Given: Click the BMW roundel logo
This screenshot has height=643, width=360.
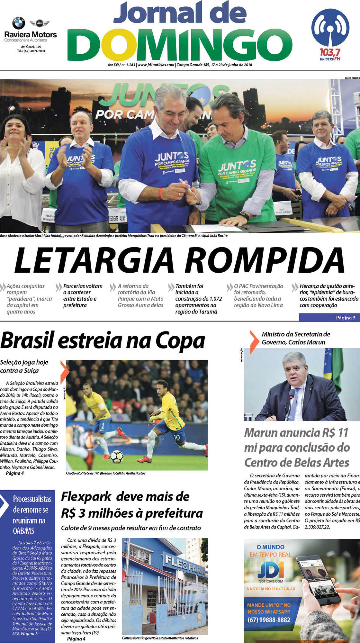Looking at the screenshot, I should tap(18, 23).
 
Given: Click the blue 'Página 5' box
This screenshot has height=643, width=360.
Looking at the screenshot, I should tap(329, 318).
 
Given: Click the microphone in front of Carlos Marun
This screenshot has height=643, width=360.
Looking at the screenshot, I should tap(292, 394).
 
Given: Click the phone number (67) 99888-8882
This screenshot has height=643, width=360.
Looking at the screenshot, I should tap(269, 620).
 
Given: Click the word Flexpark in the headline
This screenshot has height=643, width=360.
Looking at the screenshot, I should tap(86, 496).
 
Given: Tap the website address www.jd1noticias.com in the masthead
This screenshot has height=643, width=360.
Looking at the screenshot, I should tap(156, 65).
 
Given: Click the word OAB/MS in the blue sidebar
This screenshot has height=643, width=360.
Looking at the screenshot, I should tap(23, 530).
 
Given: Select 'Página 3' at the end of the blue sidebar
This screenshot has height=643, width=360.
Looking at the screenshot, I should tap(29, 634).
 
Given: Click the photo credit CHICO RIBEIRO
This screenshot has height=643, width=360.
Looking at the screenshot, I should tap(352, 78).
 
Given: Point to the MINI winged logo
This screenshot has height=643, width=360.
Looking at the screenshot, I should tap(39, 23).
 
